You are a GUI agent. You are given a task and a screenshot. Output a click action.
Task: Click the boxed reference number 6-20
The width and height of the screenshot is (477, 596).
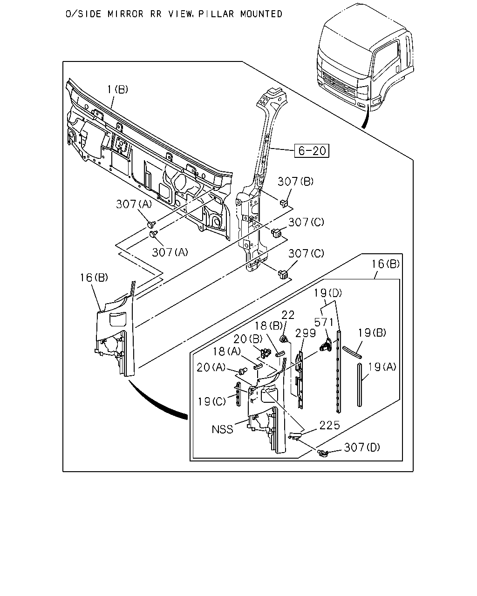pos(312,151)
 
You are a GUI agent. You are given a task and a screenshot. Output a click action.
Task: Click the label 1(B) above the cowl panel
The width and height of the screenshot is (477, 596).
pos(118,89)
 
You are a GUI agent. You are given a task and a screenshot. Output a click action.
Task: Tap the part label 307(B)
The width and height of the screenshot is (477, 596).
pos(296,182)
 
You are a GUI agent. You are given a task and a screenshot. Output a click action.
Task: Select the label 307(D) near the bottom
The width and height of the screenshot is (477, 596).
pos(362,447)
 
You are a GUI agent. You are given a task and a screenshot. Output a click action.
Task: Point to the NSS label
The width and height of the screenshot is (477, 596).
pos(222,430)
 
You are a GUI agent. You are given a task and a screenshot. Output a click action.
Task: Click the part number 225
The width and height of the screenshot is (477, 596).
pos(329,425)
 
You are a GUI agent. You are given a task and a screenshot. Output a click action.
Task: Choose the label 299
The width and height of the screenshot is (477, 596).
pos(306,333)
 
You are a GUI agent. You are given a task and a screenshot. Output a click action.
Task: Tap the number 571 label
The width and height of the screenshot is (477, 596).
pos(324,322)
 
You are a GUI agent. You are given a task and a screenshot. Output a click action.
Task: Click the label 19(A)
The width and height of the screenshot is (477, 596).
pos(382,367)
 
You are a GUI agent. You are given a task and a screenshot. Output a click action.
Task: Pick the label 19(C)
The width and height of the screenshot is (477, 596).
pos(212,401)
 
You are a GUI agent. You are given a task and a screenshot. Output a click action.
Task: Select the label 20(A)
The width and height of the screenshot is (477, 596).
pos(211,367)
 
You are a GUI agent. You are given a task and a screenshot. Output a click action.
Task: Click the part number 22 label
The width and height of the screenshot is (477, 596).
pos(288,315)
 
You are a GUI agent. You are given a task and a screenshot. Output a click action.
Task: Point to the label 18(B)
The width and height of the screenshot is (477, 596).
pos(268,325)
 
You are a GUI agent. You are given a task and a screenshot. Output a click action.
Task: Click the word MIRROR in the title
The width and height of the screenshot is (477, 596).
pos(126,14)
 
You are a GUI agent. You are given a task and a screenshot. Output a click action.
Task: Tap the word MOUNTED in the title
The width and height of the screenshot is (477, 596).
pos(261,14)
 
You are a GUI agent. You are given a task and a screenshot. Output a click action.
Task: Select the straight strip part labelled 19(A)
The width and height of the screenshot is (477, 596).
pos(360,385)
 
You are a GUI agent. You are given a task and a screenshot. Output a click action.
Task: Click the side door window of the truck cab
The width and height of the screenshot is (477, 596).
pos(386,60)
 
